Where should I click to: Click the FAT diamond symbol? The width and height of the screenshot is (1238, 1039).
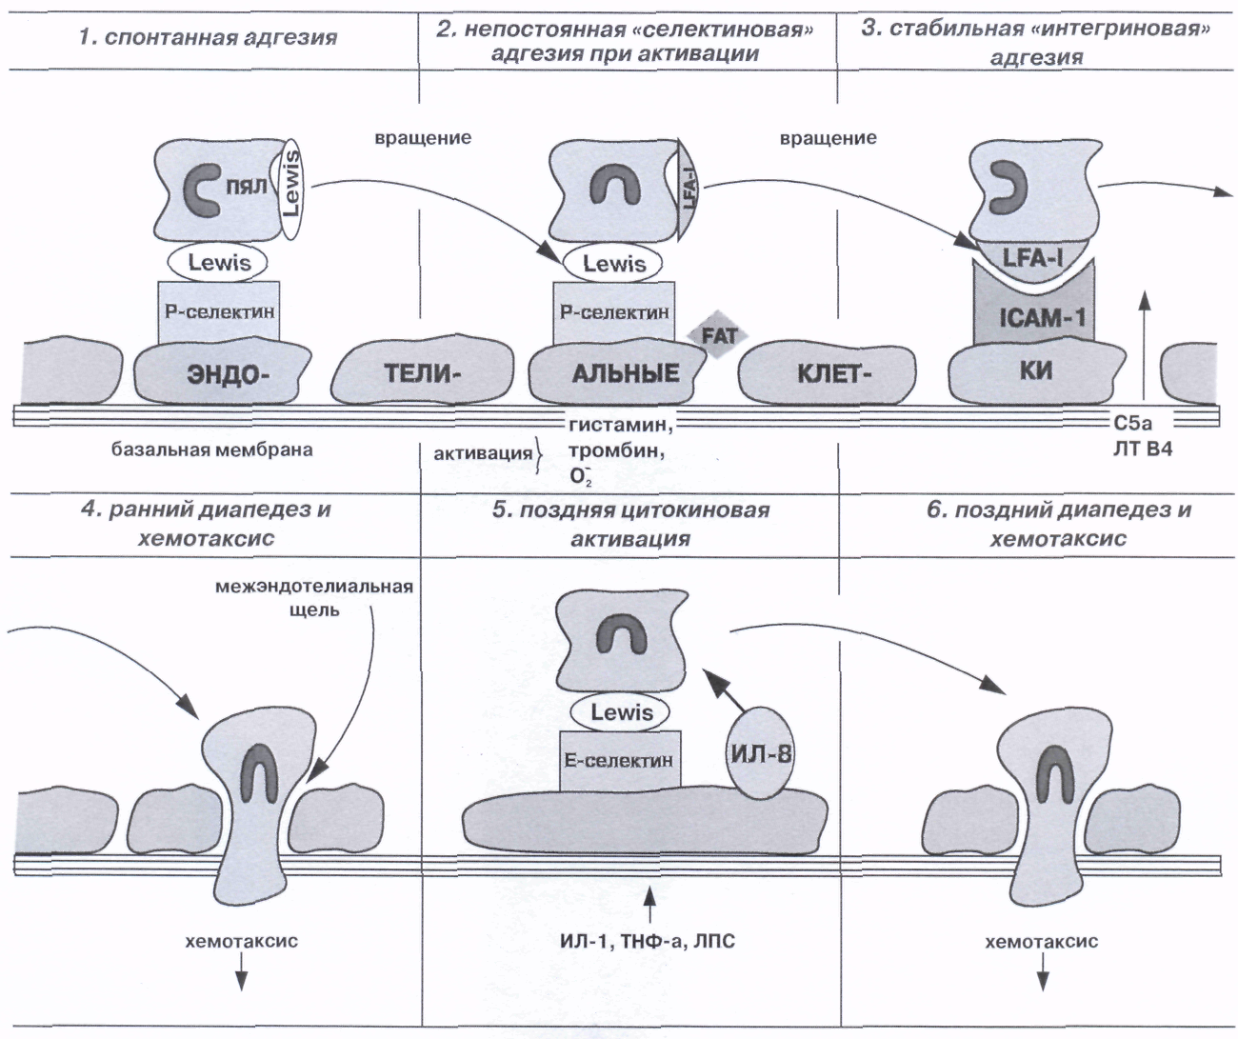[718, 335]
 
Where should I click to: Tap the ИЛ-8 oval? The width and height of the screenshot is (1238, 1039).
[761, 753]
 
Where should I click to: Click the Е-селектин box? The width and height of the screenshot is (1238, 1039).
[620, 760]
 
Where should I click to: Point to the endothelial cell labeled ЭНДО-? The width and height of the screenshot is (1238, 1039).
[222, 373]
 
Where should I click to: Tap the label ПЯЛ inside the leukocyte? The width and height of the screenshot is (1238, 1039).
[247, 188]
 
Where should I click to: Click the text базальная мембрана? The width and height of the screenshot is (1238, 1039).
[212, 450]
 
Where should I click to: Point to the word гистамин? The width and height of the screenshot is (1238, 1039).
[621, 425]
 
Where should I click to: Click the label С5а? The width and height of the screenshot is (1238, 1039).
[1132, 423]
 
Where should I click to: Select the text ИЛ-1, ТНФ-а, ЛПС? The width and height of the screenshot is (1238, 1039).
[648, 941]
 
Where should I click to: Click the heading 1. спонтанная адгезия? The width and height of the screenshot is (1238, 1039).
[209, 37]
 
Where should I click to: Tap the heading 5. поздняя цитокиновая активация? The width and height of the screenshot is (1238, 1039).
[630, 524]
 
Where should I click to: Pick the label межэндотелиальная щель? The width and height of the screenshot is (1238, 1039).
[314, 598]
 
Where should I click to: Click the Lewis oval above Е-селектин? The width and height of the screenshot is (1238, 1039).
[620, 711]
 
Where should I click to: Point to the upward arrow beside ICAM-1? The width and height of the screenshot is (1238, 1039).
[1146, 349]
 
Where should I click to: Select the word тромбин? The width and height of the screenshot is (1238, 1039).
[617, 450]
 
